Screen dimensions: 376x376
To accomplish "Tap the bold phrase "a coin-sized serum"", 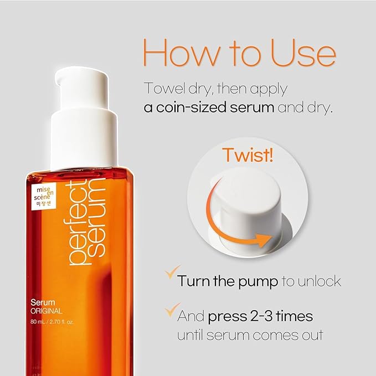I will coord(209,107).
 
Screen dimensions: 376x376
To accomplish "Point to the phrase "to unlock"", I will coord(311,281).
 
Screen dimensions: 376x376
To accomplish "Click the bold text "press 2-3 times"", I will coord(260,317).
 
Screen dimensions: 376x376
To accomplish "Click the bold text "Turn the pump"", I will coord(228,281).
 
